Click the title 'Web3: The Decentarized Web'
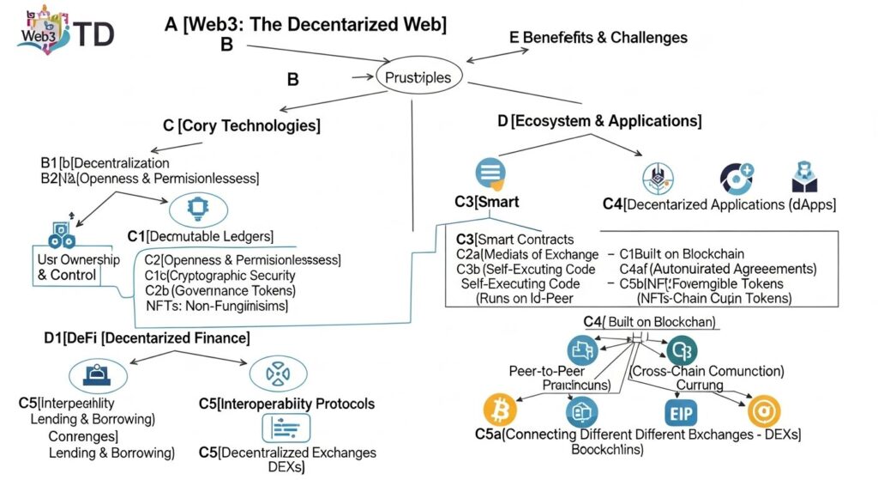point(305,24)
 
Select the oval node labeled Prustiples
point(418,77)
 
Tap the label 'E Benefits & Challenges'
point(598,37)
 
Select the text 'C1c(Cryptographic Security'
point(219,275)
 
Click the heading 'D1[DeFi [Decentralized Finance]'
point(147,338)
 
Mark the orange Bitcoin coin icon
point(501,410)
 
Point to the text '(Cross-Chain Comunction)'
point(707,371)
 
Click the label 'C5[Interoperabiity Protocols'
point(286,403)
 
